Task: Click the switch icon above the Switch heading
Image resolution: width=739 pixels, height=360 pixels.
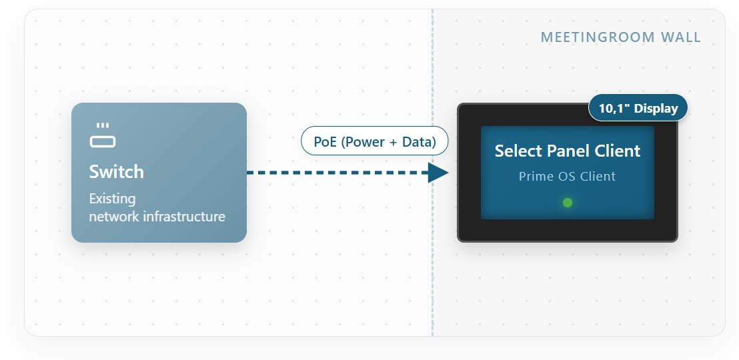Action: coord(103,136)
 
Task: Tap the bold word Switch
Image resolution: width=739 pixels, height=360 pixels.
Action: coord(117,172)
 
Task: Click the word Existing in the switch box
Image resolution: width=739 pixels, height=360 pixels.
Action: coord(112,199)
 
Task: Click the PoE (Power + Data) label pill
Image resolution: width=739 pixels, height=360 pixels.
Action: coord(375,141)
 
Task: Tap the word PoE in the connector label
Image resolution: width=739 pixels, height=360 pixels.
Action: coord(325,141)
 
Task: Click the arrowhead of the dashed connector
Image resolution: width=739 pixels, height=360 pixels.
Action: coord(438,173)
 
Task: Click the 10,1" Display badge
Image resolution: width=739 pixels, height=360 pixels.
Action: coord(638,108)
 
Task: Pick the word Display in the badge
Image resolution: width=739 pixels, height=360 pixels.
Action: coord(656,109)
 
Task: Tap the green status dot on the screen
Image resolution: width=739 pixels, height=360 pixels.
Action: coord(568,203)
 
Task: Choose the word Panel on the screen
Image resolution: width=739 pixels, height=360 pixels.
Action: coord(568,151)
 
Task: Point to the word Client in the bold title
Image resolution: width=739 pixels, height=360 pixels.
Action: coord(616,151)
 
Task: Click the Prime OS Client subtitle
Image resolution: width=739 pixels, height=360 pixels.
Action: coord(568,176)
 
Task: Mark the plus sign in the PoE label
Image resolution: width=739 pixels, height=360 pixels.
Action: coord(392,142)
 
